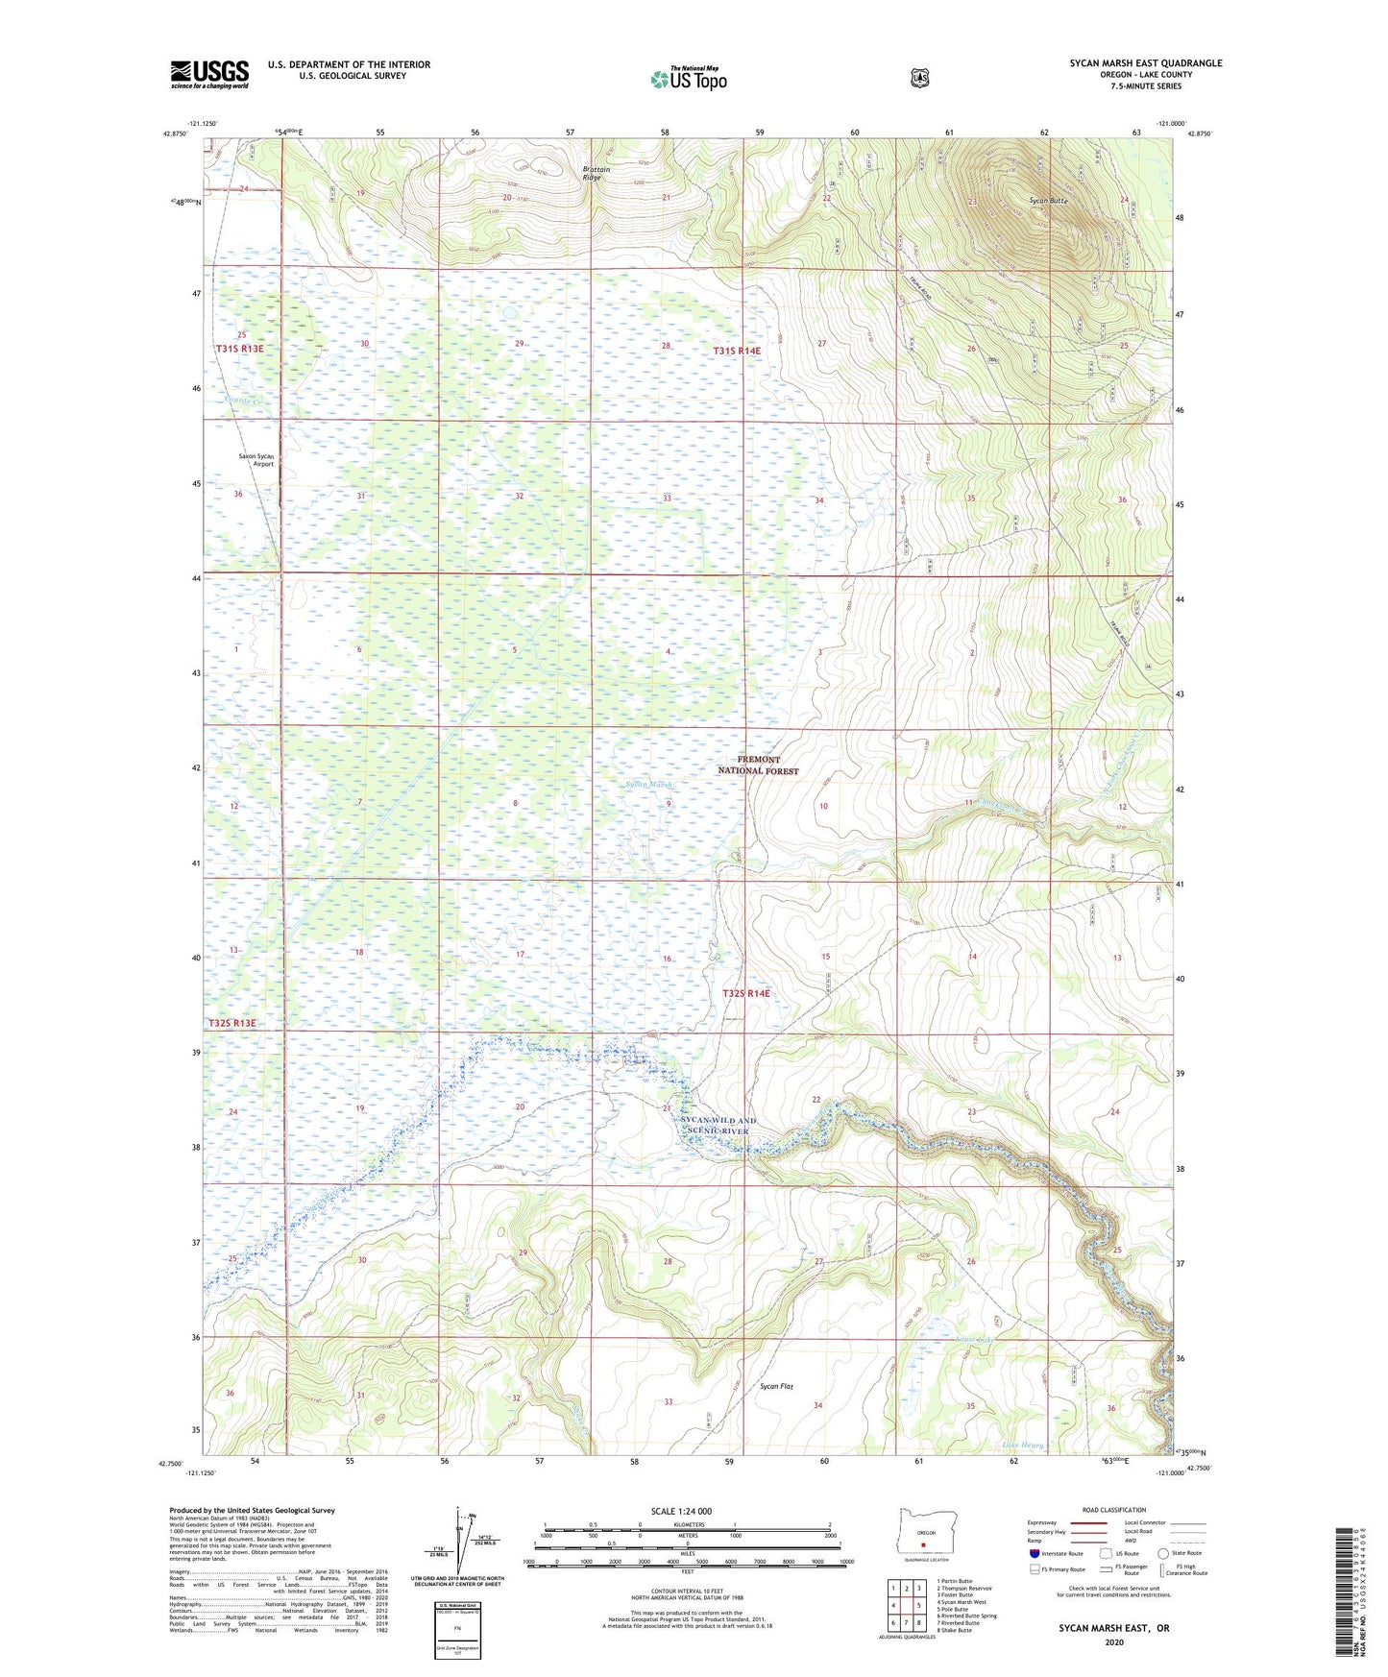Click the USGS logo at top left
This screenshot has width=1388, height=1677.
point(209,74)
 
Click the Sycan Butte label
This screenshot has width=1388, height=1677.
point(1048,201)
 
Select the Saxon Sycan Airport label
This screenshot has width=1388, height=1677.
point(256,459)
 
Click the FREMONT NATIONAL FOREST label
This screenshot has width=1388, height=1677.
point(758,765)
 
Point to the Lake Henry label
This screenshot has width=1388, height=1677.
point(1022,1445)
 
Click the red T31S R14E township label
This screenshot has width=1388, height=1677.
point(736,352)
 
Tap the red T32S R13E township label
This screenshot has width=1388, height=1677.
point(232,1023)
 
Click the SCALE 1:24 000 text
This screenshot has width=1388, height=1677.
point(681,1511)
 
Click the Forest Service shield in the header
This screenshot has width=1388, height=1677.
point(920,78)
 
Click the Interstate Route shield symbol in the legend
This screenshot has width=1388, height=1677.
point(1034,1552)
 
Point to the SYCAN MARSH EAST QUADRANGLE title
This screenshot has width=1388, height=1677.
point(1146,63)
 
